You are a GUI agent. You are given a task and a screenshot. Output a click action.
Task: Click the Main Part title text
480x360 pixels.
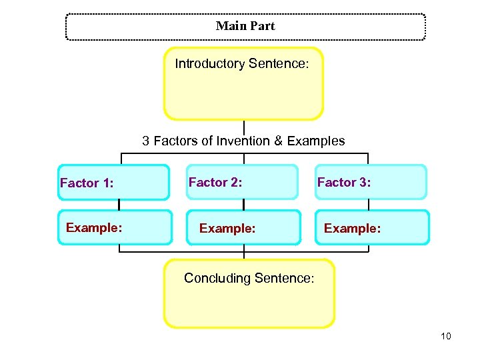[x=245, y=26]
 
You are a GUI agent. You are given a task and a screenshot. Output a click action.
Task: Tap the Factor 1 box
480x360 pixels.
[x=113, y=182]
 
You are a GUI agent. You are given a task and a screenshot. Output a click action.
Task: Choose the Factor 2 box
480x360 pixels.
[x=242, y=182]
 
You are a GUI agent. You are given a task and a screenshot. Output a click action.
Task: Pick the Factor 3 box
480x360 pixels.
[x=371, y=182]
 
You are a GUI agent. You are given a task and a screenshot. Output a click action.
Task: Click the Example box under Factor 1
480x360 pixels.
[x=113, y=228]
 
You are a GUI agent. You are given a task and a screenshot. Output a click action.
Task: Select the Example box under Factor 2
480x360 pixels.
[x=242, y=228]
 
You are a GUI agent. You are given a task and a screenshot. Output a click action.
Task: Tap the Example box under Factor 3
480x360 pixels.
[x=372, y=228]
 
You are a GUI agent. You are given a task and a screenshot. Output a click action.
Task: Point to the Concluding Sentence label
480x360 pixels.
[x=249, y=278]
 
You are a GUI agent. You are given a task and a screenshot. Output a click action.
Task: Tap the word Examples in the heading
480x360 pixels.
[x=319, y=141]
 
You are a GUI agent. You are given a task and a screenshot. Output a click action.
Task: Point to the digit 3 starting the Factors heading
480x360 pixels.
[x=145, y=141]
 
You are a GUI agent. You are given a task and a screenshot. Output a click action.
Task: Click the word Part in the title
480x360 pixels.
[x=262, y=26]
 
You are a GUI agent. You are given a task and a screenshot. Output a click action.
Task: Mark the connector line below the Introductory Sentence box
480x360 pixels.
[x=244, y=127]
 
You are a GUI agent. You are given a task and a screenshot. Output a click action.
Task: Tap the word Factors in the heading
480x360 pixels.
[x=175, y=141]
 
